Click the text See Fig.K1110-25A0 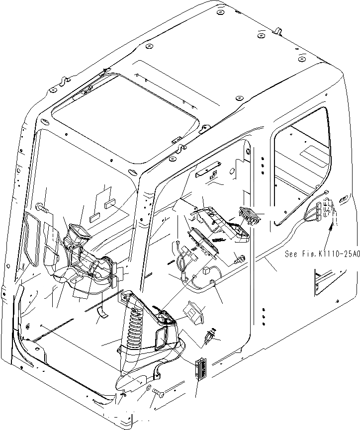click(322, 254)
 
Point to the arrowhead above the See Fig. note click(331, 227)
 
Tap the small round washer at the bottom click(149, 387)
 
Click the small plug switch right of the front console click(210, 338)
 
